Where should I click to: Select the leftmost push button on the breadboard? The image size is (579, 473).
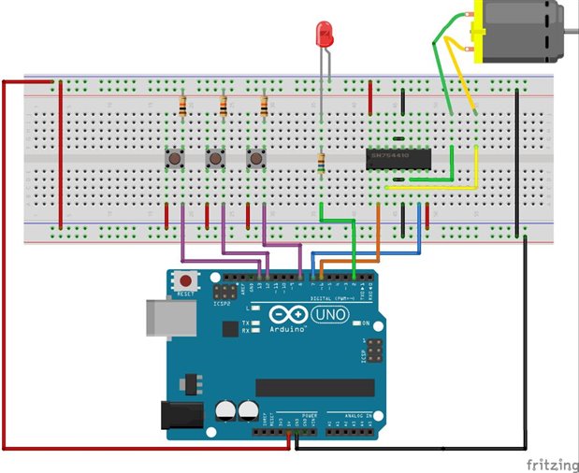pos(174,159)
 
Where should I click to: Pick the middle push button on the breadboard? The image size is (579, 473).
pos(215,159)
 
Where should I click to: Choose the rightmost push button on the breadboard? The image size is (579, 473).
pos(255,159)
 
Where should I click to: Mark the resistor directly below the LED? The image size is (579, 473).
pos(321,164)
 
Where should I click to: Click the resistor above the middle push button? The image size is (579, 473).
pos(223,106)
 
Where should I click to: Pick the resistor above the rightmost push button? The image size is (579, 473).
pos(264,106)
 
